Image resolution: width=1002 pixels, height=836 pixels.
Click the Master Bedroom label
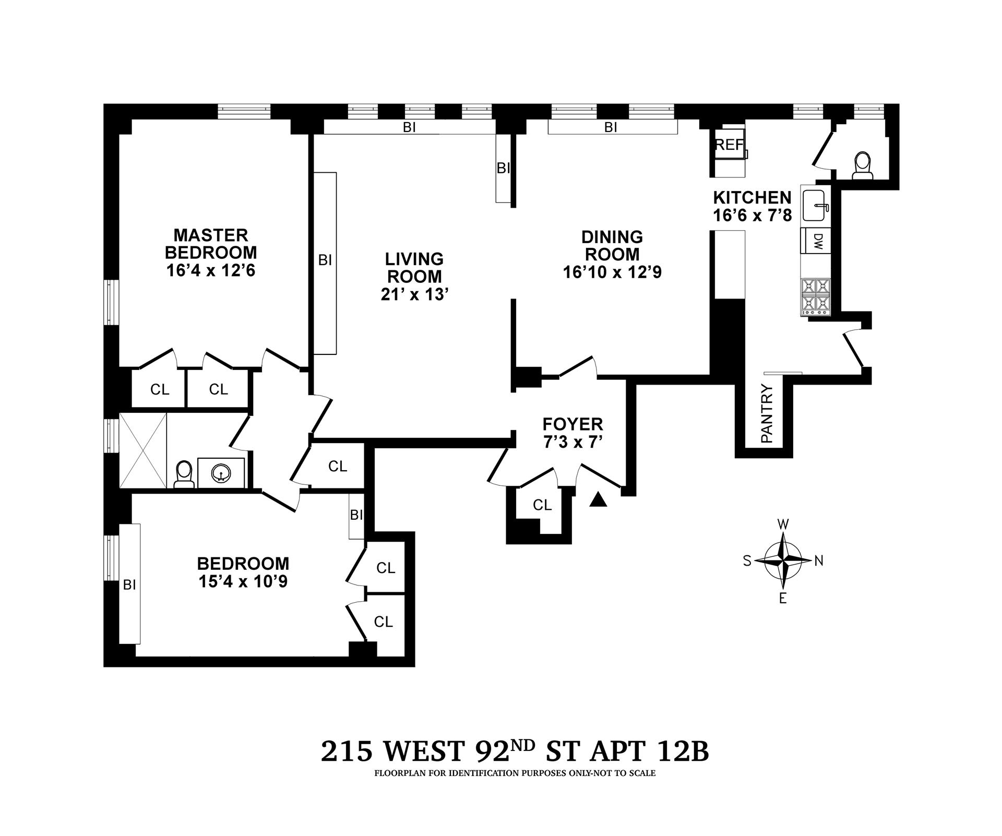coord(211,244)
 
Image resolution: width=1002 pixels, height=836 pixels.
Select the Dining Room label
coord(612,245)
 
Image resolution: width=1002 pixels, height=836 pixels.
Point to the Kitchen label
coord(752,198)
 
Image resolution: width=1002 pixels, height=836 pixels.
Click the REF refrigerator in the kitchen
coord(729,145)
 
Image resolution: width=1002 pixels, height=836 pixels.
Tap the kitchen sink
coord(814,205)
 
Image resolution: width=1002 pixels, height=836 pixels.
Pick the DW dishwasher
coord(818,241)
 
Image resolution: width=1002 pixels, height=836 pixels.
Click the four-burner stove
coord(815,296)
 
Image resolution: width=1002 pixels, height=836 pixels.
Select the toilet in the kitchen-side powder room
coord(862,165)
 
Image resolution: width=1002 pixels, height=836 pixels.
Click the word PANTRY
coord(767,413)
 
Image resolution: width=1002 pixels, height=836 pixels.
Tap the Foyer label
coord(572,424)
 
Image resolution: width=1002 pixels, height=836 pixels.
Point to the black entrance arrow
coord(599,500)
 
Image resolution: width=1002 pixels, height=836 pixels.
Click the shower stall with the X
coord(143,450)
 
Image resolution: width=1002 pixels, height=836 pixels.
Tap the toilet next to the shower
coord(184,473)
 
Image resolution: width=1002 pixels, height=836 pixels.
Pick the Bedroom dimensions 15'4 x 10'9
coord(243,581)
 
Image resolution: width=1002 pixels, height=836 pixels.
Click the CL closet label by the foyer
coord(542,505)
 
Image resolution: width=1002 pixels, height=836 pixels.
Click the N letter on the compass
coord(819,561)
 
